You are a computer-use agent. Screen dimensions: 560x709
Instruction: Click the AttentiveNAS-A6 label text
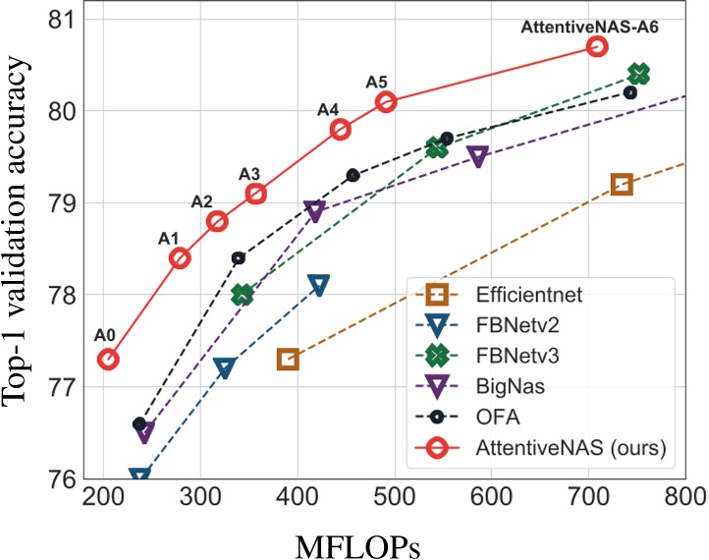point(589,27)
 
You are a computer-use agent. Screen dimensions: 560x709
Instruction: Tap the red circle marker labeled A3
point(255,194)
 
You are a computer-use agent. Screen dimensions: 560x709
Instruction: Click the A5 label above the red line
point(377,82)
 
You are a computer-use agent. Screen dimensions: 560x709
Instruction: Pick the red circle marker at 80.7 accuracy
point(596,46)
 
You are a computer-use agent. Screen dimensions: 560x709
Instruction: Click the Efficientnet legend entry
point(525,294)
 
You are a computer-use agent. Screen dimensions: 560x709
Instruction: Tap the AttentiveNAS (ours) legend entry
point(556,448)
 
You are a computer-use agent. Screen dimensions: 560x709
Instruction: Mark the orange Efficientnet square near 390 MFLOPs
point(288,360)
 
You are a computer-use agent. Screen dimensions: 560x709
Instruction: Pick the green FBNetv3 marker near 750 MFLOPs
point(638,75)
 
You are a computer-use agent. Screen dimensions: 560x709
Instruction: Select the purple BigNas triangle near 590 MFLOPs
point(478,156)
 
